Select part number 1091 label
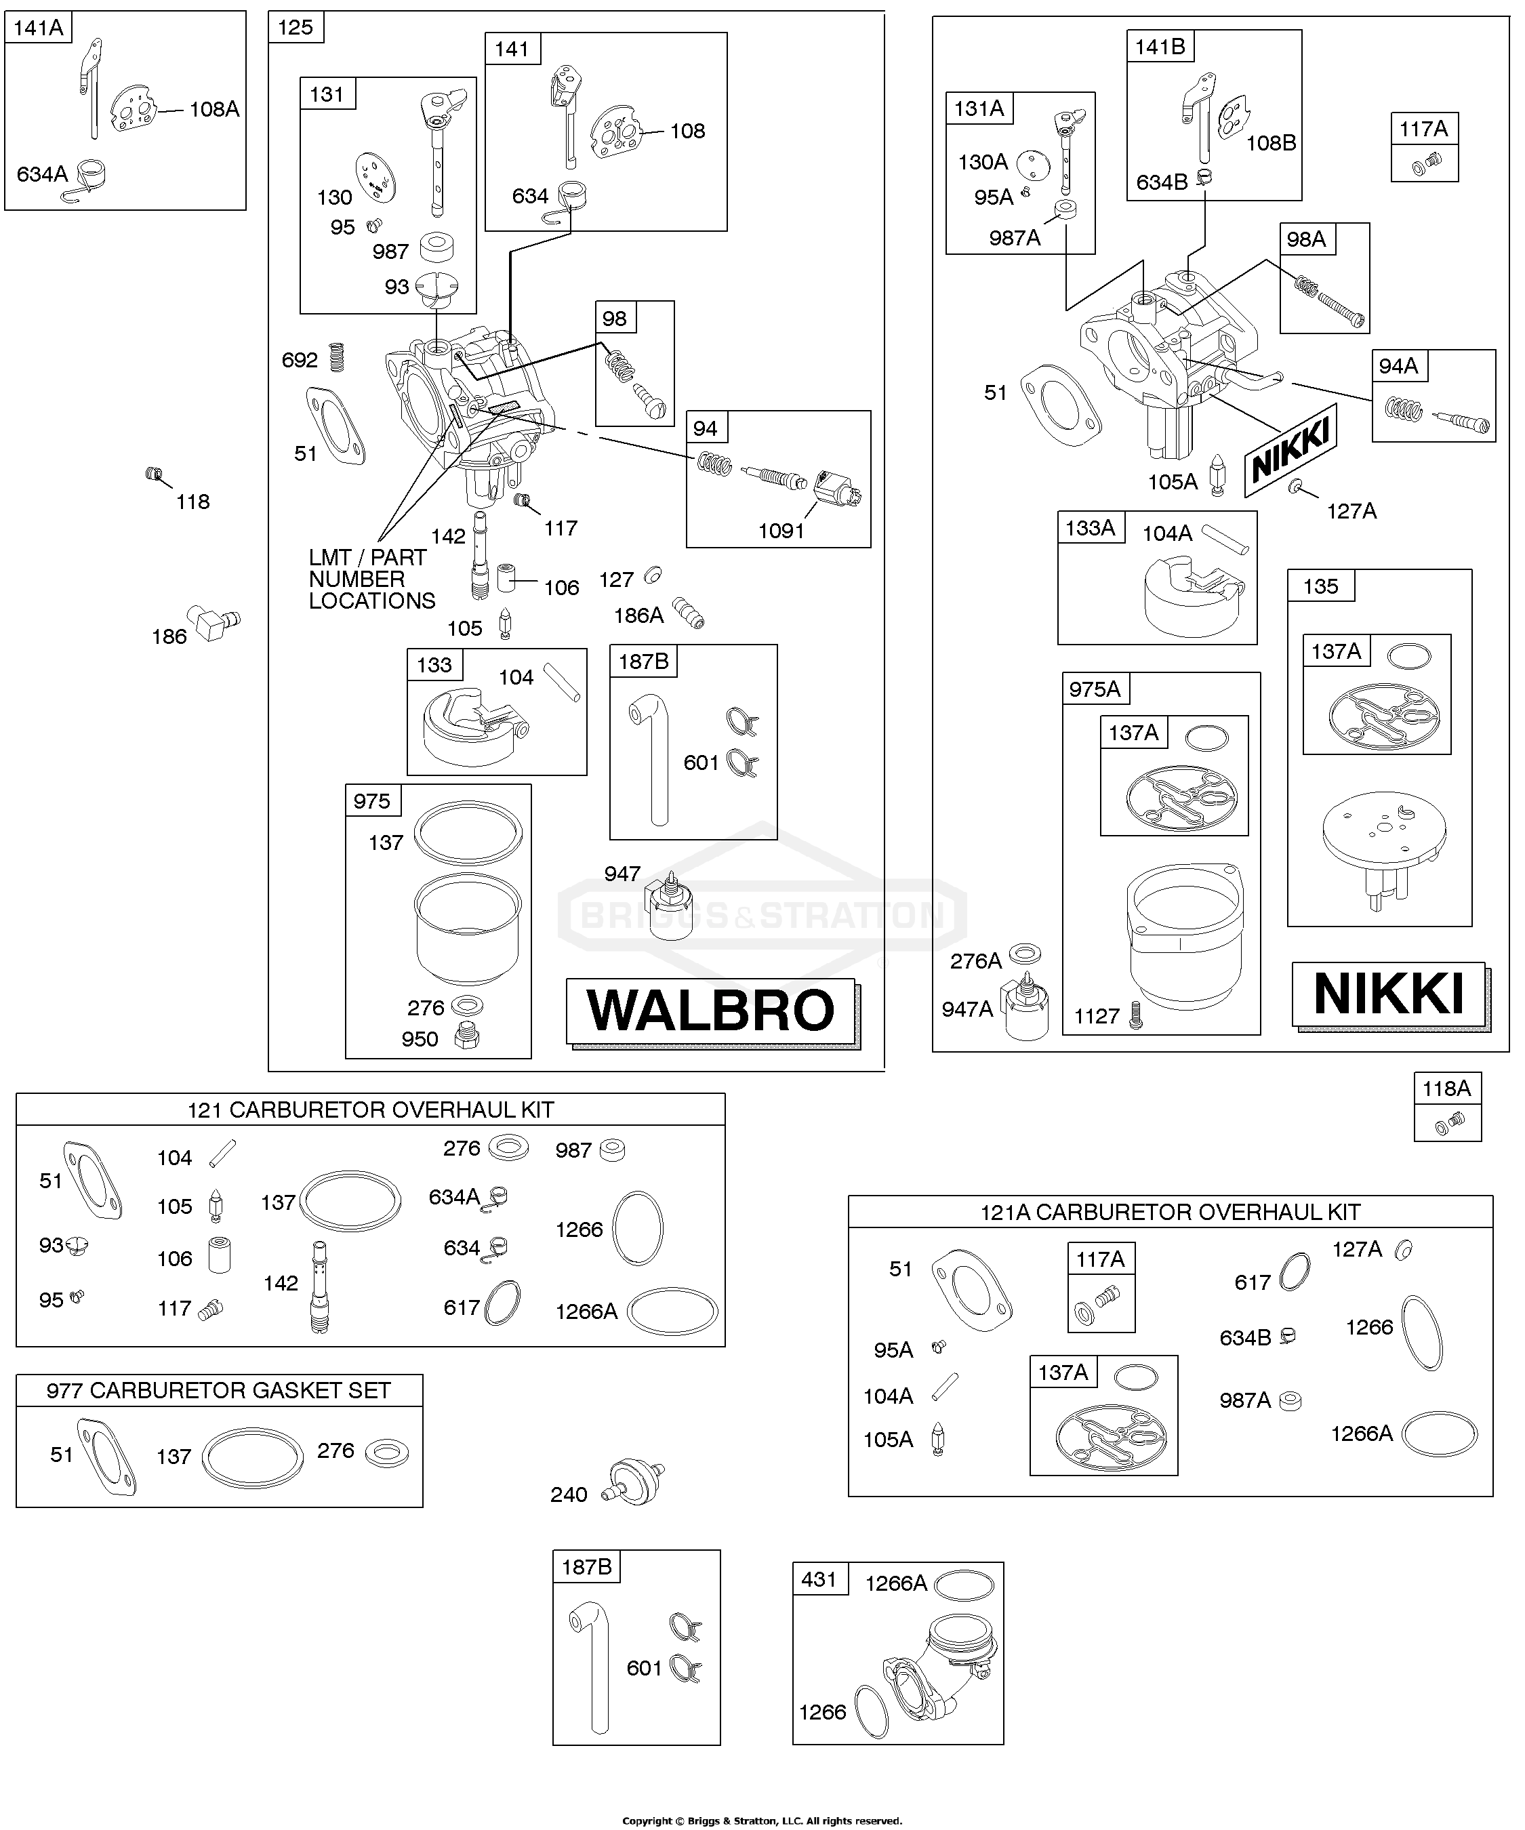click(781, 531)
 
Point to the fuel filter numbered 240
click(636, 1482)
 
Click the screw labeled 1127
click(1135, 1015)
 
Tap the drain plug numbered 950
click(466, 1036)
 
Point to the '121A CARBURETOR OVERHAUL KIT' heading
click(1171, 1211)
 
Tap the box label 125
click(296, 27)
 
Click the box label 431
click(819, 1579)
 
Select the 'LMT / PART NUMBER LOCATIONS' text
click(372, 579)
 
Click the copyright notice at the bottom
click(762, 1821)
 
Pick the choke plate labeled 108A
click(137, 110)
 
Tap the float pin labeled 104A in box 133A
click(1226, 537)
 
